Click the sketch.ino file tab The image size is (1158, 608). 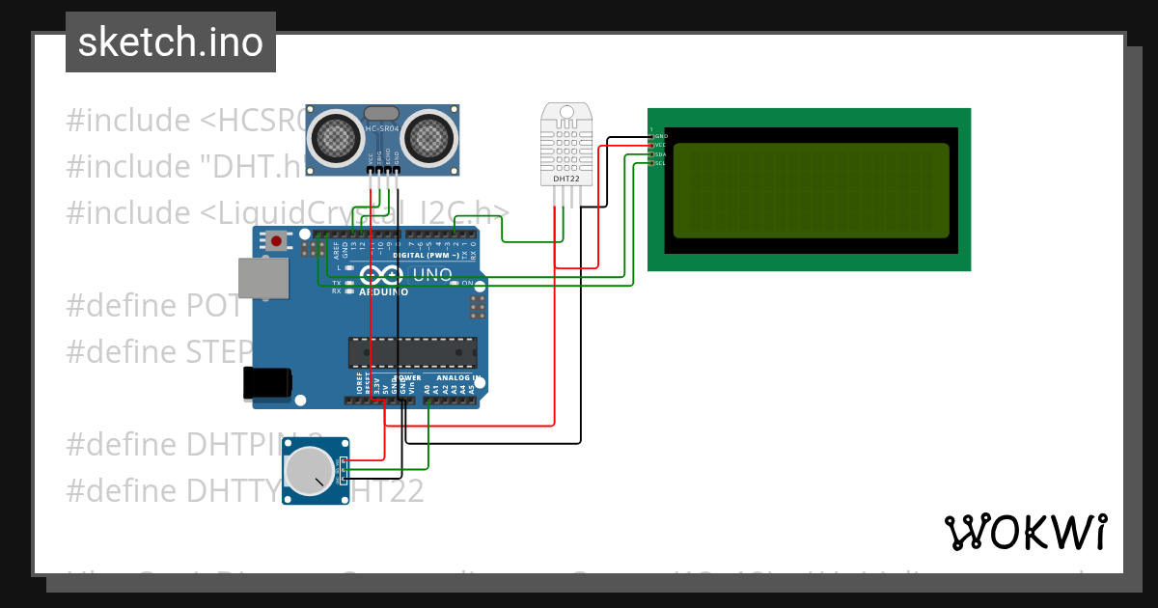pyautogui.click(x=171, y=42)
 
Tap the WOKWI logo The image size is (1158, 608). pyautogui.click(x=1025, y=532)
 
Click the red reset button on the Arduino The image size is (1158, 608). pyautogui.click(x=277, y=240)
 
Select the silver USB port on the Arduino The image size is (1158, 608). pyautogui.click(x=262, y=276)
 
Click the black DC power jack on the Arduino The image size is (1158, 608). pyautogui.click(x=266, y=383)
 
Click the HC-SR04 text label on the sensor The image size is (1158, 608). pyautogui.click(x=382, y=128)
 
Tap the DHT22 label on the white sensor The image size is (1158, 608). pyautogui.click(x=565, y=179)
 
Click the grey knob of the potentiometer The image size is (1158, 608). pyautogui.click(x=310, y=471)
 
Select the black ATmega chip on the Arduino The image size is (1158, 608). pyautogui.click(x=412, y=353)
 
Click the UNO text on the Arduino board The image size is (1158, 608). pyautogui.click(x=432, y=274)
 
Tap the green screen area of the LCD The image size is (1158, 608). pyautogui.click(x=811, y=190)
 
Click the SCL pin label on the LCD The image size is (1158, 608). pyautogui.click(x=661, y=163)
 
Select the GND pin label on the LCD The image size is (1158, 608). pyautogui.click(x=661, y=136)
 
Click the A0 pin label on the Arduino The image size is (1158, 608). pyautogui.click(x=427, y=389)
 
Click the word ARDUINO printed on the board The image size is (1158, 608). pyautogui.click(x=383, y=291)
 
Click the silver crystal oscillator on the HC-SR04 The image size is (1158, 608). pyautogui.click(x=382, y=113)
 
